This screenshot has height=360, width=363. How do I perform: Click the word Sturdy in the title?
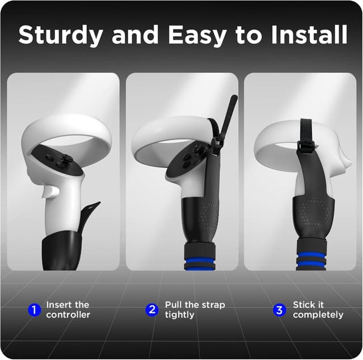click(61, 35)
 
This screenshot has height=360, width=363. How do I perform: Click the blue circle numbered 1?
click(35, 310)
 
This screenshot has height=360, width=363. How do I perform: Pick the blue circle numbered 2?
click(152, 310)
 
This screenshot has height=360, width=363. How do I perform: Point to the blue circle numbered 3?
click(279, 310)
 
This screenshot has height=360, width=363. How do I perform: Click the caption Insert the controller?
click(68, 310)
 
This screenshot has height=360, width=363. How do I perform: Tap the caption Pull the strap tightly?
click(195, 310)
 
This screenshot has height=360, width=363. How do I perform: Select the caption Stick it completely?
click(318, 310)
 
